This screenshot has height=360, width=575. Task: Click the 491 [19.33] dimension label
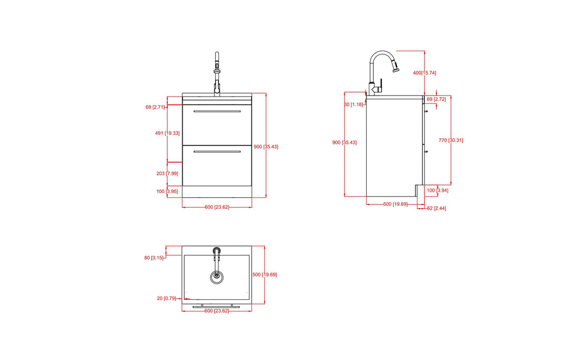[167, 133]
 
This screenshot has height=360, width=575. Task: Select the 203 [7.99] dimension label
[167, 174]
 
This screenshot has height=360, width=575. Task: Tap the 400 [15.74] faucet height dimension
[425, 73]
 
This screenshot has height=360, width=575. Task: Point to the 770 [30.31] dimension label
[452, 140]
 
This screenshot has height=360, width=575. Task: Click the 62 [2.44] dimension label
[436, 208]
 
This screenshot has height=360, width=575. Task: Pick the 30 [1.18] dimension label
[354, 104]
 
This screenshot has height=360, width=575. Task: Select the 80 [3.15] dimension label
[154, 258]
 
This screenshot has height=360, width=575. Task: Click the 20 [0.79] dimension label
[167, 298]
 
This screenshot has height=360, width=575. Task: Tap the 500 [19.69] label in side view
[395, 204]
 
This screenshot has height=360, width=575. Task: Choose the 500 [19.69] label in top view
[264, 275]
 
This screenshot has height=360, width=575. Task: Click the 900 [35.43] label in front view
[266, 147]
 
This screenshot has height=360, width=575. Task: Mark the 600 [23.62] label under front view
[217, 207]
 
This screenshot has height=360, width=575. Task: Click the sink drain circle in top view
[217, 276]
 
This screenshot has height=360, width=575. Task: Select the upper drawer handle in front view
[217, 111]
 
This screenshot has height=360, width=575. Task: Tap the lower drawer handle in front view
[217, 152]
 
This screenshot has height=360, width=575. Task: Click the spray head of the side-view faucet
[396, 67]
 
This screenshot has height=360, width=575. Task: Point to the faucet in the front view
[217, 73]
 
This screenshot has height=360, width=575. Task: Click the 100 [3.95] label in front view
[167, 192]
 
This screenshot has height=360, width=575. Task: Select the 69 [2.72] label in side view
[436, 99]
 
